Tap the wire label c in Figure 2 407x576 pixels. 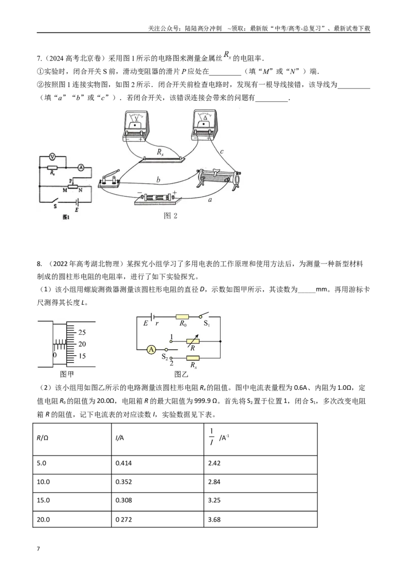(x=221, y=151)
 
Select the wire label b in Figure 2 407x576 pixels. (x=158, y=180)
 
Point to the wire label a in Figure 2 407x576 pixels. (x=210, y=200)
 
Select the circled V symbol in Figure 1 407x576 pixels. (x=52, y=157)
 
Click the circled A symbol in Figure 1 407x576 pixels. (x=81, y=167)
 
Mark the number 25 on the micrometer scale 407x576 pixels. (x=82, y=332)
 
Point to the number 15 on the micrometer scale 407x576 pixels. (x=82, y=356)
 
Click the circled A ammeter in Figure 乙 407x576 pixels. (x=151, y=350)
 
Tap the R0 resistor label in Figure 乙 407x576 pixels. (x=183, y=324)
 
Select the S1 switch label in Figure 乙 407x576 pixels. (x=207, y=324)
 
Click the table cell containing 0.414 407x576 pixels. (x=158, y=465)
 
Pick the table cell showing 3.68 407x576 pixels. (x=260, y=519)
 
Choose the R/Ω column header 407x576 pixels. (x=72, y=439)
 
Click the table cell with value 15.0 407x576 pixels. (x=72, y=501)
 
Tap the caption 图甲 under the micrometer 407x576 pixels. (x=67, y=374)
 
